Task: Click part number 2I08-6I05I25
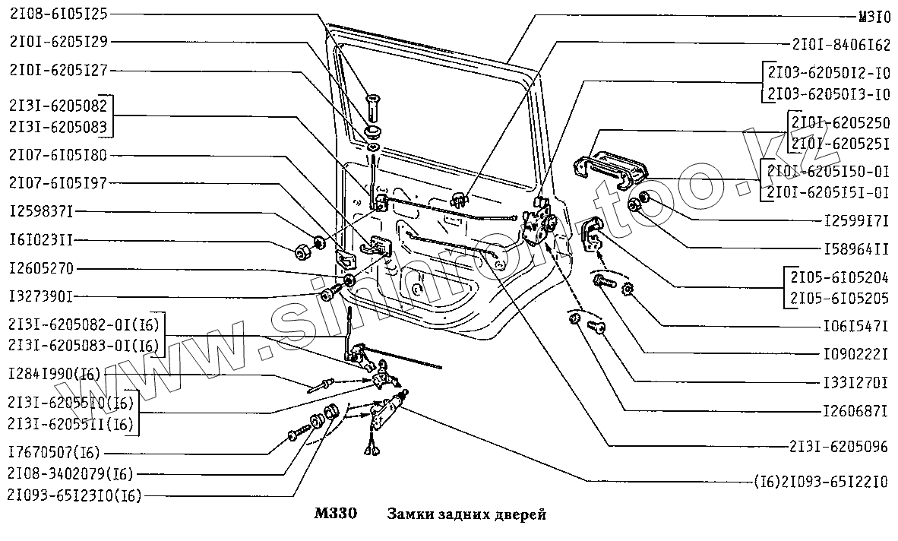point(58,14)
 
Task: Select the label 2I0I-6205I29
point(58,42)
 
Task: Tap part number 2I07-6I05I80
point(58,155)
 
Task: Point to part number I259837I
point(43,210)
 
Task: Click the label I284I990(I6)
point(55,375)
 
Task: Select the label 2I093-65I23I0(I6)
point(74,496)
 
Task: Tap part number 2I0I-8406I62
point(840,45)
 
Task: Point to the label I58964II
point(856,248)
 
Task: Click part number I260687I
point(856,412)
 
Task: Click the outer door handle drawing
point(611,166)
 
